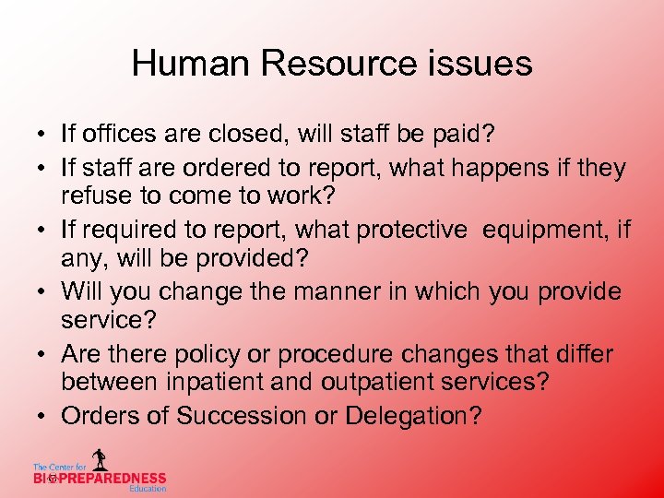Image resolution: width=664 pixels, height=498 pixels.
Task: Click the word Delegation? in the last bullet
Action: pos(413,416)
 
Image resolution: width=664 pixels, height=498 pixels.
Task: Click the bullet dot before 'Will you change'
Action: pos(43,292)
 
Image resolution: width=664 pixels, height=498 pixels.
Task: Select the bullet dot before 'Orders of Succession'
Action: pos(43,417)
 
